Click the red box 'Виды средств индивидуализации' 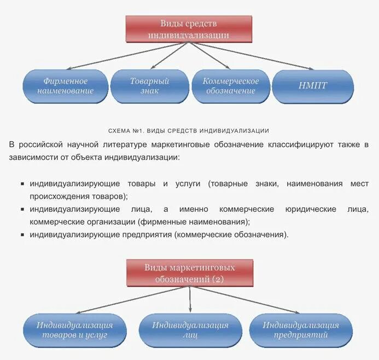[x=189, y=28]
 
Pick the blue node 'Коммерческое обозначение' [x=231, y=86]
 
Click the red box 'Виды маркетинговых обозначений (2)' [x=190, y=273]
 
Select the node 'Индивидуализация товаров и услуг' [x=75, y=329]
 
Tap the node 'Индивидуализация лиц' [x=190, y=329]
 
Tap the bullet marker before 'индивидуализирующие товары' [x=22, y=184]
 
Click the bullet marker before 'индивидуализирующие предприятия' [x=22, y=235]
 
